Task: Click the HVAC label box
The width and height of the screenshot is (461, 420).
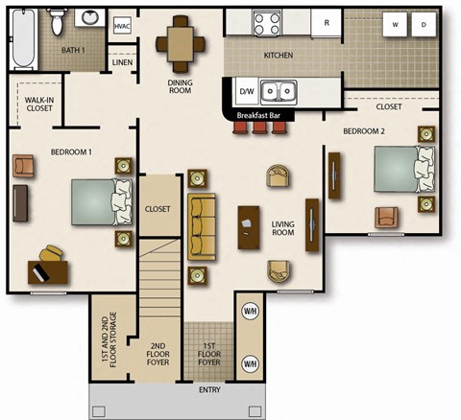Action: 122,26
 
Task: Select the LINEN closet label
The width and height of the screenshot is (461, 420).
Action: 122,63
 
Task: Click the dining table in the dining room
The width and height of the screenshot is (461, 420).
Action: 181,41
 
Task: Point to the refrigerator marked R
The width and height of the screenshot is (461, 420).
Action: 327,22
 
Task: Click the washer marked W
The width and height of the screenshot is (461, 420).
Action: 395,26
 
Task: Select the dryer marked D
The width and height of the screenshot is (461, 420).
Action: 423,26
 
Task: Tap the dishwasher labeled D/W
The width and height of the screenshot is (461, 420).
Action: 245,92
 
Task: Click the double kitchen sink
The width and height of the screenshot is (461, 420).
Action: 280,92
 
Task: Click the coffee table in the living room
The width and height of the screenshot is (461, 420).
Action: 249,228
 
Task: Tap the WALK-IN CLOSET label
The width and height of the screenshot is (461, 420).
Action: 39,104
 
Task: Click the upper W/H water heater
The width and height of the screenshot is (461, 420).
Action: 250,312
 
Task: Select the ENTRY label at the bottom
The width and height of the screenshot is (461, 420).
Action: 208,389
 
